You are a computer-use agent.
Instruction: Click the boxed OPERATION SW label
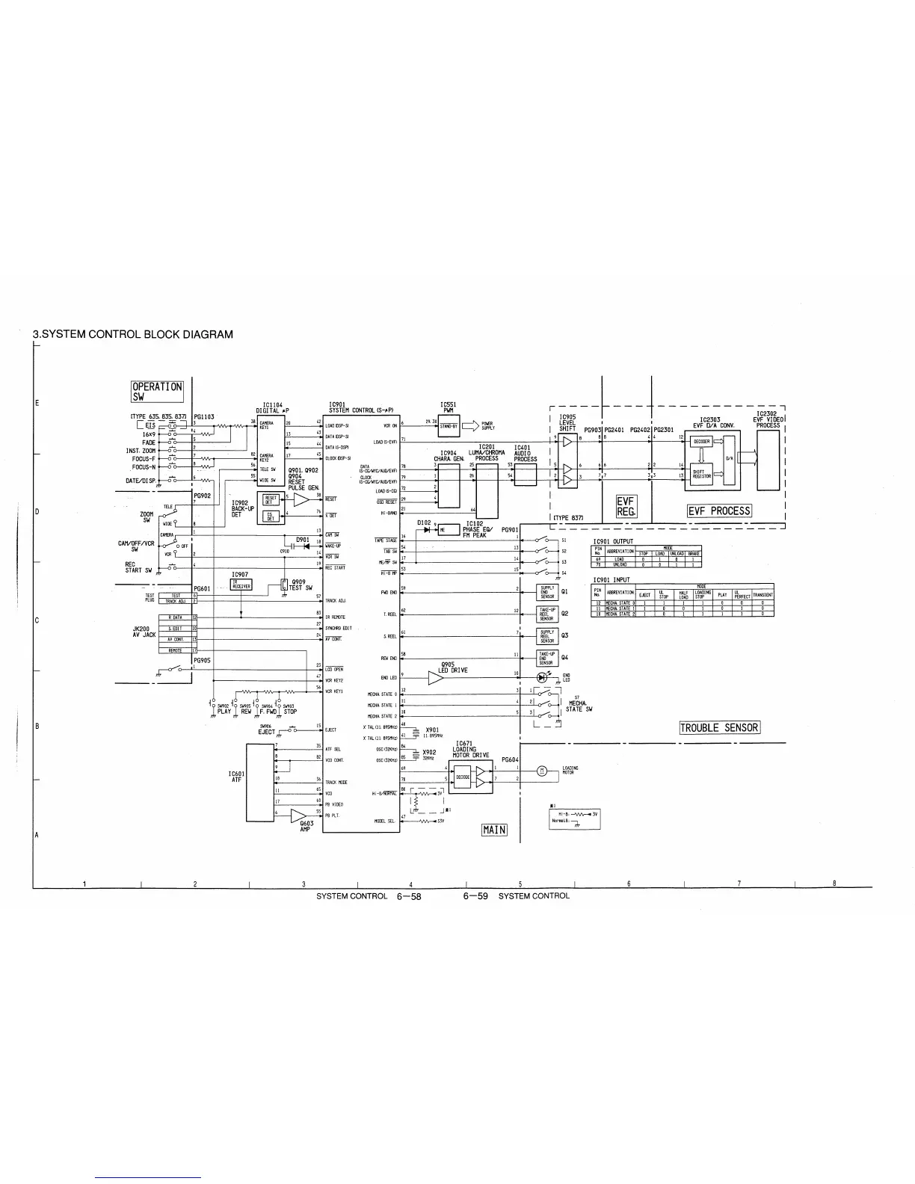(x=157, y=391)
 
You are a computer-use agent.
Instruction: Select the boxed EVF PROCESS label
(x=719, y=511)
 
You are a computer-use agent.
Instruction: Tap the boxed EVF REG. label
(x=625, y=507)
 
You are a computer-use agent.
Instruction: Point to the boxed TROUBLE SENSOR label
(x=719, y=728)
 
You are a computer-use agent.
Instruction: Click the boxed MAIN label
(x=494, y=830)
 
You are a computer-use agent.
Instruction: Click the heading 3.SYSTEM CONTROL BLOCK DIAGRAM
(x=133, y=334)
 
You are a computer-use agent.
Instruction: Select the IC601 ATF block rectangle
(x=260, y=782)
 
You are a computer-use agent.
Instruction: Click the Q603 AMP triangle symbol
(x=298, y=814)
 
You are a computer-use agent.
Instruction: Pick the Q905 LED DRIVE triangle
(x=435, y=678)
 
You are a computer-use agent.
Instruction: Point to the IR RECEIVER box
(x=241, y=585)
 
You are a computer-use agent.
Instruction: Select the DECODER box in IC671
(x=463, y=776)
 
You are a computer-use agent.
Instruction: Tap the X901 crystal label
(x=431, y=730)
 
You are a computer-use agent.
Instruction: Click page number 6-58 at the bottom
(x=410, y=895)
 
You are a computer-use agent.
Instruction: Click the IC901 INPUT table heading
(x=611, y=579)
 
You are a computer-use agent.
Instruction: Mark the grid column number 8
(x=834, y=884)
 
